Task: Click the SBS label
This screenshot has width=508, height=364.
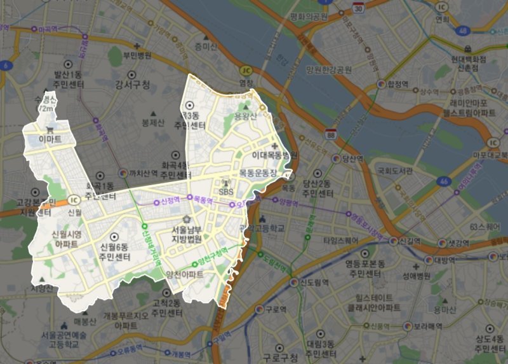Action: (226, 191)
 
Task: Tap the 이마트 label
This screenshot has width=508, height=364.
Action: (49, 138)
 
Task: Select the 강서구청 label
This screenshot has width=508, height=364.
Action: (133, 85)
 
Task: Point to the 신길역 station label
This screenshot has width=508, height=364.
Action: (408, 242)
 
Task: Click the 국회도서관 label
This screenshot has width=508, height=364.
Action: (395, 171)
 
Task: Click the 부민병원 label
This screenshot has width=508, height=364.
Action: (138, 55)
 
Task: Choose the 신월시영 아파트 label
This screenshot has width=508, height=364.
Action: (66, 238)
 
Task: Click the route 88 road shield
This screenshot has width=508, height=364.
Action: (330, 134)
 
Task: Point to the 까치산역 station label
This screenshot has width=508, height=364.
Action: (143, 172)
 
